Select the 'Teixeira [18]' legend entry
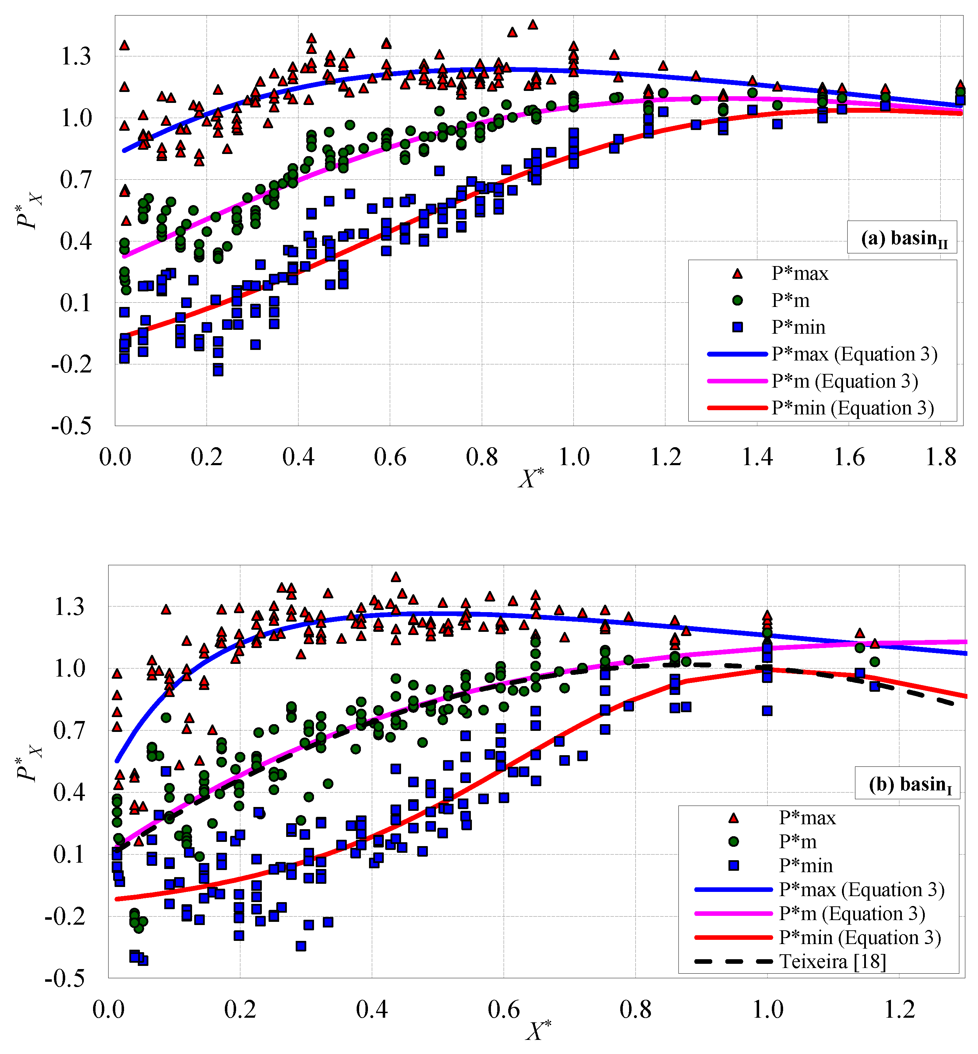tap(832, 961)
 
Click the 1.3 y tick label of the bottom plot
tap(69, 607)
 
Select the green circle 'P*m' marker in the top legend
tap(737, 301)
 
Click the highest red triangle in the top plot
tap(533, 24)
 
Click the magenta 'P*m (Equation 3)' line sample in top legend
tap(737, 381)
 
